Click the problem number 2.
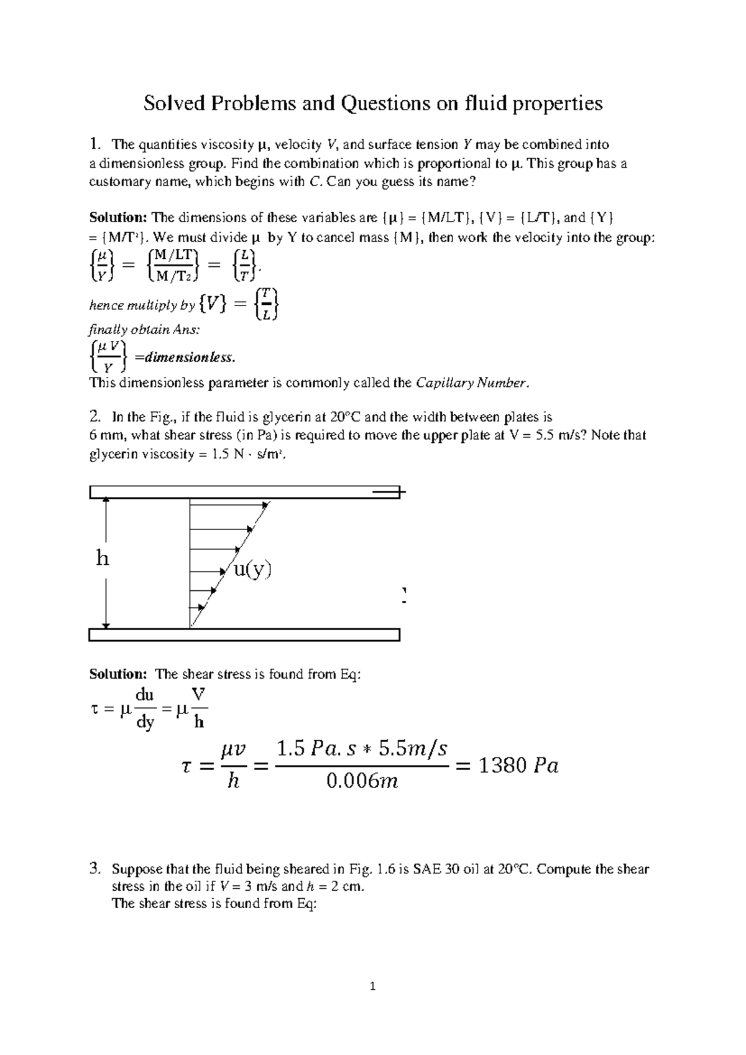94,416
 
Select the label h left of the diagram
103,559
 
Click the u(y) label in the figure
252,569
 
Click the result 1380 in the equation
502,765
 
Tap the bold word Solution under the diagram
117,674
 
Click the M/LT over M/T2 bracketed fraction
174,265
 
